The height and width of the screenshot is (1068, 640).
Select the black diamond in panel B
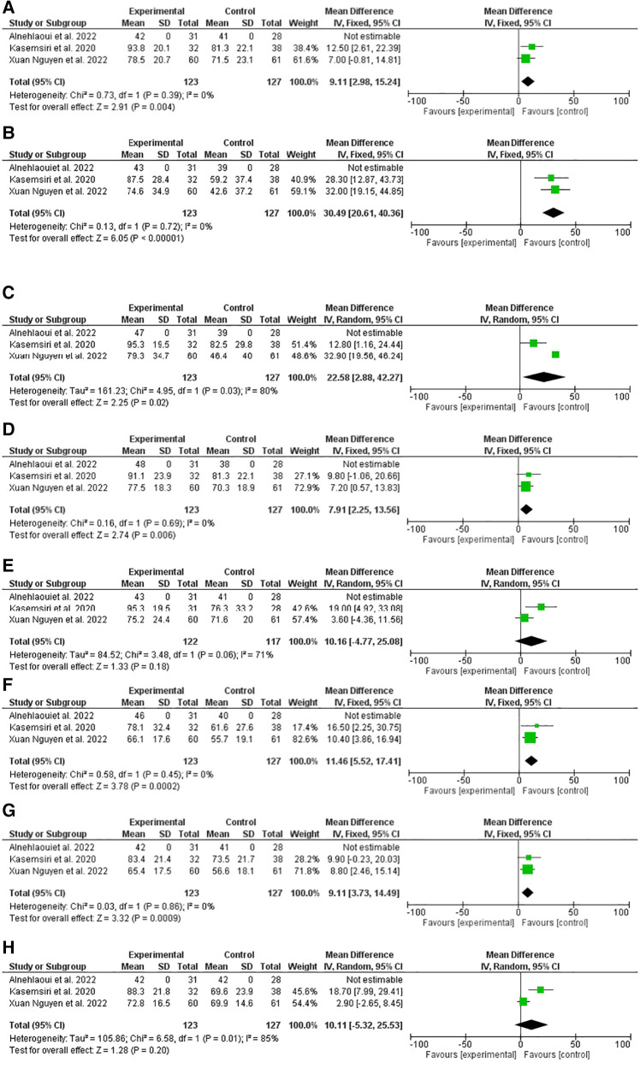pyautogui.click(x=553, y=212)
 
